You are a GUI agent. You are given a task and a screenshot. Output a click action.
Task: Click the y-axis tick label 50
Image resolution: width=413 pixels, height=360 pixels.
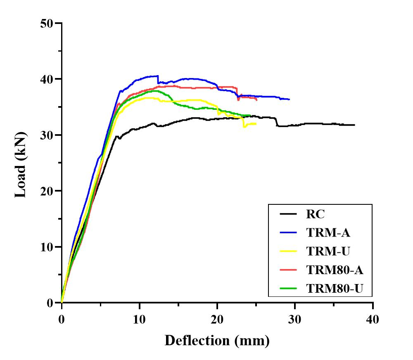[x=48, y=23]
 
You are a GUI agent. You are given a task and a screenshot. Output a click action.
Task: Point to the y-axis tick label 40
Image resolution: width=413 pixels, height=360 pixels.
[x=48, y=79]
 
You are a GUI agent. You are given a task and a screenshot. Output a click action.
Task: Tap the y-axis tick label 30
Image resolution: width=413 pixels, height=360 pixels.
[x=48, y=135]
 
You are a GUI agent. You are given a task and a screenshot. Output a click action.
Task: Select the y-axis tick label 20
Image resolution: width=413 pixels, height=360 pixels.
[x=48, y=191]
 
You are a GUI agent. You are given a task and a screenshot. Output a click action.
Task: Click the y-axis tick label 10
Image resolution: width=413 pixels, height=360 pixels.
[x=48, y=247]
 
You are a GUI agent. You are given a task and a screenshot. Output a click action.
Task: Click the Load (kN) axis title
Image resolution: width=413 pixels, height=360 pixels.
[x=21, y=164]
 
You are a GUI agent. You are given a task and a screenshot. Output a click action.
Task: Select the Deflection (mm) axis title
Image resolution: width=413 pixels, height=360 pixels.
[x=217, y=341]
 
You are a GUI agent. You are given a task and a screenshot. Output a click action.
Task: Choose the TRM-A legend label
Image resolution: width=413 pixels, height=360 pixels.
[x=328, y=232]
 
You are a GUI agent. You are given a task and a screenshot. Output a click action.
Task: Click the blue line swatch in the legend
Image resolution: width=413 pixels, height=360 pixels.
[x=288, y=232]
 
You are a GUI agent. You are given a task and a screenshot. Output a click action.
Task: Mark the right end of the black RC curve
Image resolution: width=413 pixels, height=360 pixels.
[x=354, y=125]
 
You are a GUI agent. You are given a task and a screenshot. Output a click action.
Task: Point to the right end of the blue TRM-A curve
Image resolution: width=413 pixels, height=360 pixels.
[x=290, y=99]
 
